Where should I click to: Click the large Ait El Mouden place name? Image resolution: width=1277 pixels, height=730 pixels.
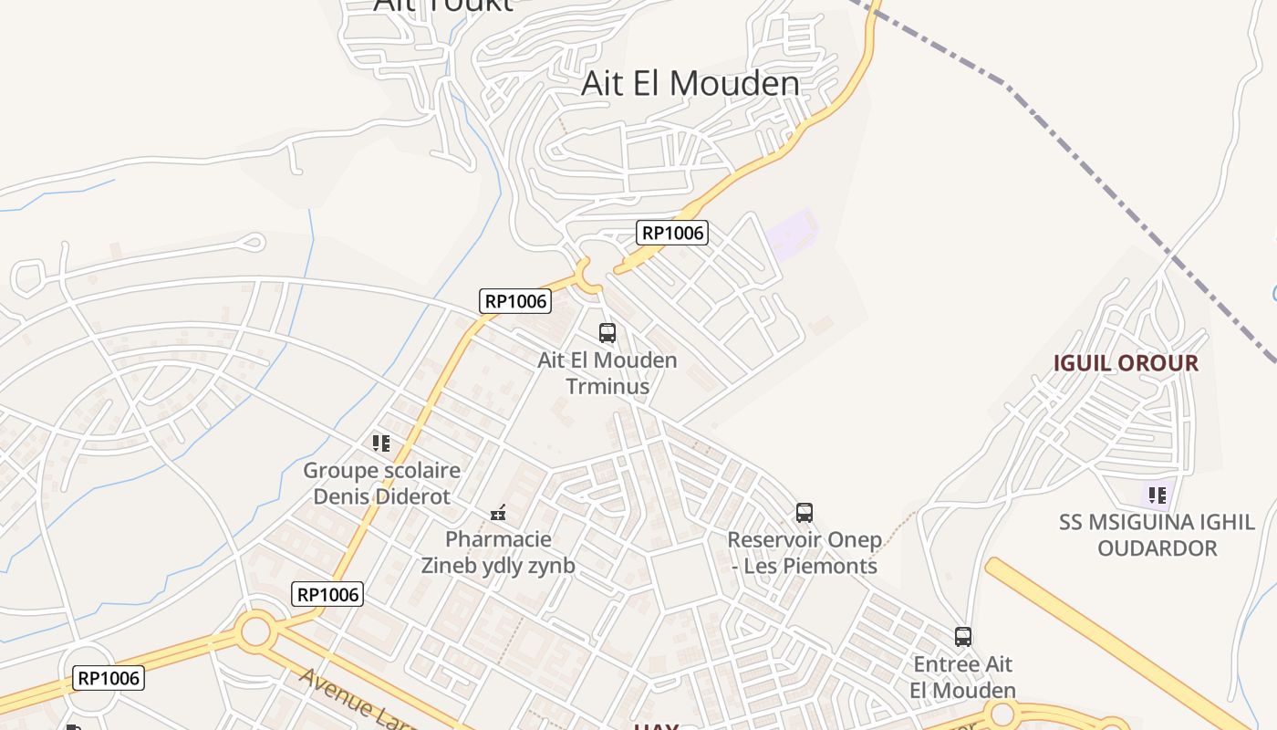[690, 84]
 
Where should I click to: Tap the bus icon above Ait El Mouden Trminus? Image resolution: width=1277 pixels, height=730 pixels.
[607, 333]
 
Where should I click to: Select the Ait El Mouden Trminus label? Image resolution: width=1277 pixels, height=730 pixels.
[607, 372]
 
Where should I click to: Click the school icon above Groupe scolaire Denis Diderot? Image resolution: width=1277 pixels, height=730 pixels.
[381, 443]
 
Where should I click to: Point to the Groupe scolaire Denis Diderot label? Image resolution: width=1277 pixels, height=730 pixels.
[381, 484]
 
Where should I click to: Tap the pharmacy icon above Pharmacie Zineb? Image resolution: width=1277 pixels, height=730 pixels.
[498, 513]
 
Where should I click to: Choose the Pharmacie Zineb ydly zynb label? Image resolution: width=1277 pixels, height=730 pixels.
[498, 552]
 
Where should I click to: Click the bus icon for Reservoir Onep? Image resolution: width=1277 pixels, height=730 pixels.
[804, 513]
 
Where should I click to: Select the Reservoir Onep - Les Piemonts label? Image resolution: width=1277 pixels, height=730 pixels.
[804, 553]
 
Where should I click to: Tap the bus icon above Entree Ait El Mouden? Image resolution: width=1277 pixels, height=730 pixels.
[963, 637]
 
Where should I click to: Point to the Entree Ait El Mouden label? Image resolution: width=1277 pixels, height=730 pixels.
[963, 676]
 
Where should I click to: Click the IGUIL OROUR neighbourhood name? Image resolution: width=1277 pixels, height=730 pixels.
[1126, 363]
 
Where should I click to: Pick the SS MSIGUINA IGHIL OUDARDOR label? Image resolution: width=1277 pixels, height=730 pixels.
[1157, 536]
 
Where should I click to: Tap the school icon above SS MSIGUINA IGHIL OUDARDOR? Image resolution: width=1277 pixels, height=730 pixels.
[1158, 495]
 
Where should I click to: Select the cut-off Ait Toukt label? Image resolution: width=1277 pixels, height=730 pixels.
[443, 5]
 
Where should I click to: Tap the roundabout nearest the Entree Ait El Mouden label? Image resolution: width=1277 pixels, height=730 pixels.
[1002, 714]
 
